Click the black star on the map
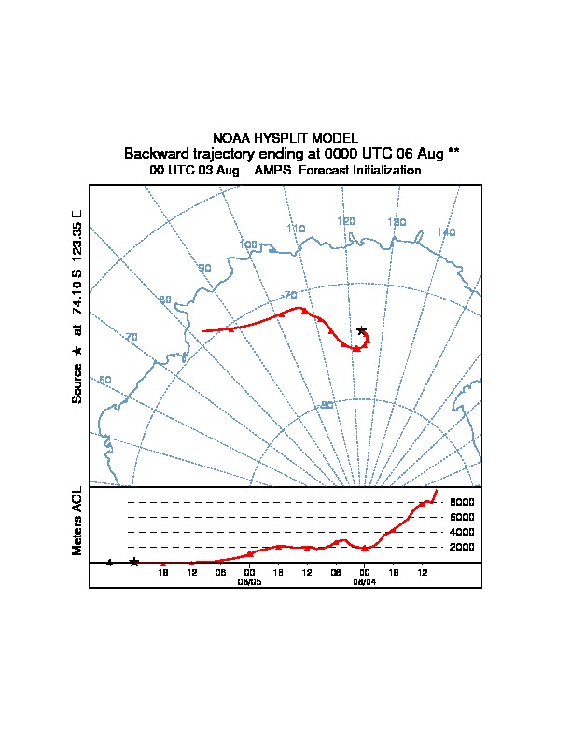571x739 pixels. pyautogui.click(x=362, y=330)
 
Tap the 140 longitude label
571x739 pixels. pyautogui.click(x=446, y=232)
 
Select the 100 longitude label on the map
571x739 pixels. pyautogui.click(x=248, y=244)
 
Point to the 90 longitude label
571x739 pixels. pyautogui.click(x=204, y=268)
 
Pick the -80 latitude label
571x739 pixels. pyautogui.click(x=327, y=405)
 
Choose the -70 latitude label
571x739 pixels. pyautogui.click(x=290, y=295)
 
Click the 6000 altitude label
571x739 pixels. pyautogui.click(x=463, y=517)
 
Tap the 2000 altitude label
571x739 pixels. pyautogui.click(x=463, y=547)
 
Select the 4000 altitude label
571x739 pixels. pyautogui.click(x=463, y=532)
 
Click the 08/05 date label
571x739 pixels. pyautogui.click(x=249, y=580)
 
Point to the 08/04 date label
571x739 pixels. pyautogui.click(x=364, y=580)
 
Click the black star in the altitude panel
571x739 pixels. pyautogui.click(x=134, y=562)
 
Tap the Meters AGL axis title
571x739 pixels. pyautogui.click(x=77, y=521)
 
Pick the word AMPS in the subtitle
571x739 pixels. pyautogui.click(x=273, y=171)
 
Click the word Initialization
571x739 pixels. pyautogui.click(x=383, y=171)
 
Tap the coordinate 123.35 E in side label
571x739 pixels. pyautogui.click(x=77, y=233)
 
